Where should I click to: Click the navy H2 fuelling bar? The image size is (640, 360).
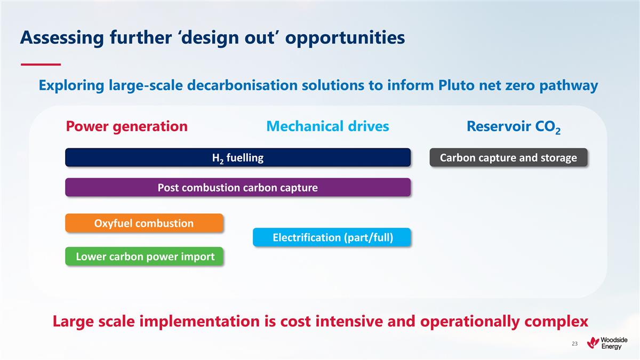point(237,158)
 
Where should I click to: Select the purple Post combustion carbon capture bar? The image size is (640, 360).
point(237,188)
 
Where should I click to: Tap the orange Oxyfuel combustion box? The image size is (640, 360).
point(144,223)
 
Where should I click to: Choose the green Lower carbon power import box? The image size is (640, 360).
point(144,257)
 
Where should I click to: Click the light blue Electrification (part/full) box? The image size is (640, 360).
point(332,237)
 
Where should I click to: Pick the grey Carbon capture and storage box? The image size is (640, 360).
point(508,158)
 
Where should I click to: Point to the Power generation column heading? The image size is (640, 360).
point(126,126)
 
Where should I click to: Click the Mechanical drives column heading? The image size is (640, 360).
point(327,126)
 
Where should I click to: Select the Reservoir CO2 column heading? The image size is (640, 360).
point(513,127)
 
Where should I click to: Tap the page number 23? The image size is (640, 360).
point(574,344)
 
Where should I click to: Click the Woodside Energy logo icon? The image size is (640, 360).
point(593,343)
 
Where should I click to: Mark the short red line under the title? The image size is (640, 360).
point(41,64)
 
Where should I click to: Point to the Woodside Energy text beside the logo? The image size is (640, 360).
point(615,343)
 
